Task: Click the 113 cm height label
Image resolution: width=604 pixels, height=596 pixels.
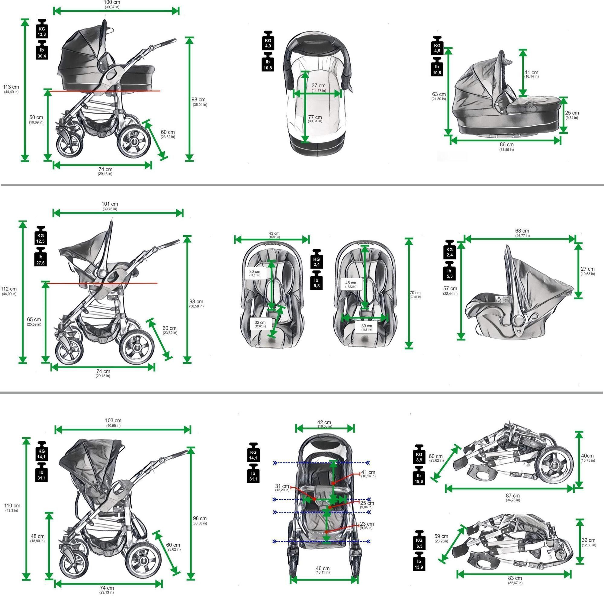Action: pos(11,89)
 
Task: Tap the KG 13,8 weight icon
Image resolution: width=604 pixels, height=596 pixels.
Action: pos(42,29)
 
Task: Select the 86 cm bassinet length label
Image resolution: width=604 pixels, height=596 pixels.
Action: pos(506,146)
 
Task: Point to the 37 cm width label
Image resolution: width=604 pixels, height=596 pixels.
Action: pos(318,87)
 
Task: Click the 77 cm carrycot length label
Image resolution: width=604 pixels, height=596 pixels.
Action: pos(315,119)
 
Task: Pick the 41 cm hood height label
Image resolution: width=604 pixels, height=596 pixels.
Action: pos(531,74)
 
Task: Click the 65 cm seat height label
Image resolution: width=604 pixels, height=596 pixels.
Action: pos(34,321)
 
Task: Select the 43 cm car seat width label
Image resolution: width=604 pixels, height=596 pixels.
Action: pos(274,235)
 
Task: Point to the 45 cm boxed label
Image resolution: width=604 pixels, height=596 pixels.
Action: pos(350,284)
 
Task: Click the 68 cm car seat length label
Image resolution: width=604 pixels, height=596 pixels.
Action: pos(522,233)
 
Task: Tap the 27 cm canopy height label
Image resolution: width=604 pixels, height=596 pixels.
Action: pos(587,270)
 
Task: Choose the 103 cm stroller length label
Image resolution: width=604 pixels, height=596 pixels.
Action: pos(113,422)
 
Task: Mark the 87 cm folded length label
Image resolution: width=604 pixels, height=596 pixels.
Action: pos(513,497)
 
